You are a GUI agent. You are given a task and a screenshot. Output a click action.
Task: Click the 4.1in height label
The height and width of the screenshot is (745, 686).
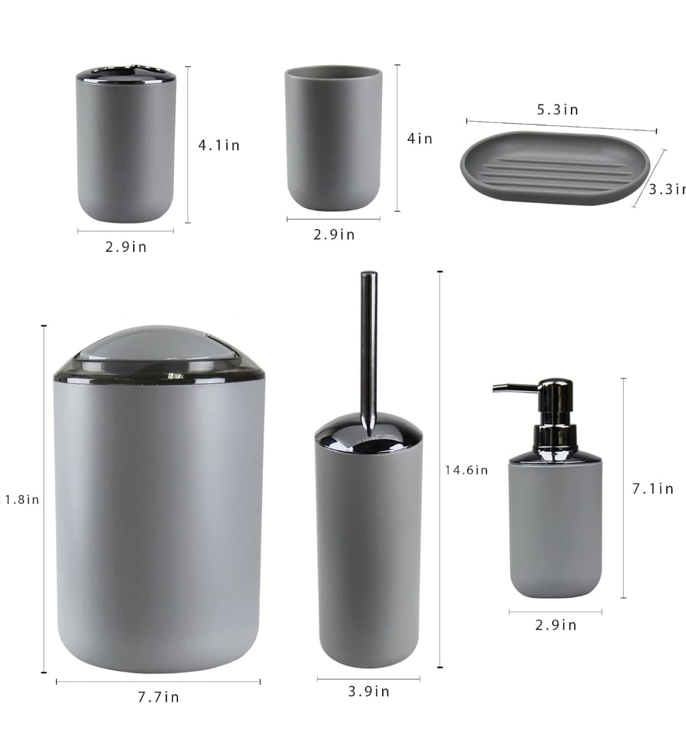(x=219, y=146)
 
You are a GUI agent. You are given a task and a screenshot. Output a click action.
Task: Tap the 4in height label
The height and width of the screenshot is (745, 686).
(x=420, y=139)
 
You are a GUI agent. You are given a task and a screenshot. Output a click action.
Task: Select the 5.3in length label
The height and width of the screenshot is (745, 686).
(x=558, y=110)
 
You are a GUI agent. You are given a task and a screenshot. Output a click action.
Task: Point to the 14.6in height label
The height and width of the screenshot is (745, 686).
(x=466, y=470)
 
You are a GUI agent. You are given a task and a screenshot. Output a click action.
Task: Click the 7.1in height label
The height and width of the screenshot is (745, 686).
(x=652, y=489)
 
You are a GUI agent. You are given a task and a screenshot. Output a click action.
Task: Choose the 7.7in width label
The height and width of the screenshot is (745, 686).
(x=158, y=697)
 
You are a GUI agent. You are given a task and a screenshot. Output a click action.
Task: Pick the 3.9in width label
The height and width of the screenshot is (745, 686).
(x=369, y=692)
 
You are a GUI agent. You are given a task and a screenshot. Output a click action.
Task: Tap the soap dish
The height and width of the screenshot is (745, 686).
(x=554, y=168)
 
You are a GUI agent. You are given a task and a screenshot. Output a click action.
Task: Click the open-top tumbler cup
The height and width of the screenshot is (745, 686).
(x=333, y=140)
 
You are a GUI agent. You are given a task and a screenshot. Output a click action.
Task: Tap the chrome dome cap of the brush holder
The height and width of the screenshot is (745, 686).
(x=368, y=436)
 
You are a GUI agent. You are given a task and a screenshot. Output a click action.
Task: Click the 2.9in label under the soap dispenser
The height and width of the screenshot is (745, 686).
(x=556, y=625)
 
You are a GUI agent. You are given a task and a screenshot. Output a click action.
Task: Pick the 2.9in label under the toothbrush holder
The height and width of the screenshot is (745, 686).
(x=126, y=247)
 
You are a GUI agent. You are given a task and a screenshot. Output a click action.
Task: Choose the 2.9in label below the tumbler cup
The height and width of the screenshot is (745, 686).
(x=334, y=235)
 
